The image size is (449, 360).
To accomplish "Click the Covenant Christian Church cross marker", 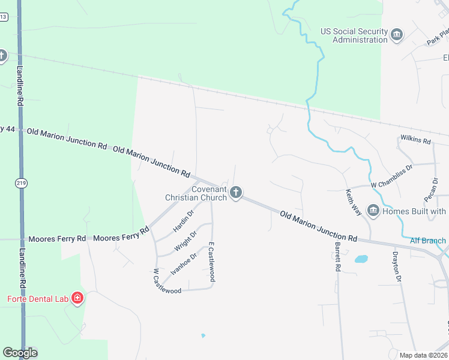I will (236, 193).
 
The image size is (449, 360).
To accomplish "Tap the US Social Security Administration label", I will (354, 35).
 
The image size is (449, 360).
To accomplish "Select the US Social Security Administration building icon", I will (397, 35).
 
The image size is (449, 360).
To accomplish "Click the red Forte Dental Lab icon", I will (77, 298).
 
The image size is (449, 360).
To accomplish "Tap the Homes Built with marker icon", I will (373, 211).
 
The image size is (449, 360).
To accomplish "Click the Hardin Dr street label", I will (183, 221).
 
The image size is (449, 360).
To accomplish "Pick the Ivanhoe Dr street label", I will (183, 263).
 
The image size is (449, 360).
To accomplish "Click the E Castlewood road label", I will (211, 262).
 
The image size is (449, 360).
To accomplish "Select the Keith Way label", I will (354, 203).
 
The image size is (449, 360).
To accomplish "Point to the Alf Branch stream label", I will (428, 241).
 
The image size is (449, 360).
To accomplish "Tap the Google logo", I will (20, 353).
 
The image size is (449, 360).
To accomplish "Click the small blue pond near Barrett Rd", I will (361, 259).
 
